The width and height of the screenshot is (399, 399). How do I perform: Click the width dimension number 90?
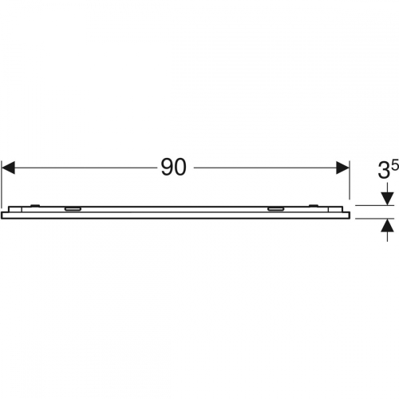[x=173, y=168]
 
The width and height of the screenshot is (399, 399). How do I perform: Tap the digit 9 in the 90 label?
[x=167, y=168]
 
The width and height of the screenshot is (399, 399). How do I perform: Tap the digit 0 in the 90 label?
[x=180, y=168]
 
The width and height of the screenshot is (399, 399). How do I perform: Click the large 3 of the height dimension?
[x=383, y=171]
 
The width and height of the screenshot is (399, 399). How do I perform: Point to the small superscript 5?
[x=395, y=165]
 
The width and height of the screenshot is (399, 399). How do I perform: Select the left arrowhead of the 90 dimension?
[x=8, y=168]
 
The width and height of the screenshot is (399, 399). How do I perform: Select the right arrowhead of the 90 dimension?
[x=342, y=168]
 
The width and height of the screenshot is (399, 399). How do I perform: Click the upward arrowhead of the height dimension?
[x=387, y=225]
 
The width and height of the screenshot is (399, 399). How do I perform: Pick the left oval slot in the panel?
[x=73, y=209]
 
